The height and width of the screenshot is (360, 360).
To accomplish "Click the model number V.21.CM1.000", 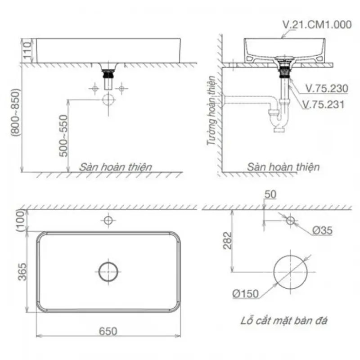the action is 317,25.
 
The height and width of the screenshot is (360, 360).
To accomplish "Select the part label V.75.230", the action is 327,88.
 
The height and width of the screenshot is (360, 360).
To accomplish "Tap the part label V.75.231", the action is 324,104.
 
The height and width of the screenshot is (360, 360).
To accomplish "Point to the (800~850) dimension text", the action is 16,112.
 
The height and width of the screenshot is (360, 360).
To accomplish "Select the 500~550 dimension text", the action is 63,136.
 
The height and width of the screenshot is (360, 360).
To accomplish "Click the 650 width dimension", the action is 108,331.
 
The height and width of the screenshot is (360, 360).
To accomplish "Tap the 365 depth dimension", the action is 22,272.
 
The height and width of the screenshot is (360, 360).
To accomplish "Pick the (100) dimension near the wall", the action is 21,221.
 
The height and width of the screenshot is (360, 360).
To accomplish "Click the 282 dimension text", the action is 228,241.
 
